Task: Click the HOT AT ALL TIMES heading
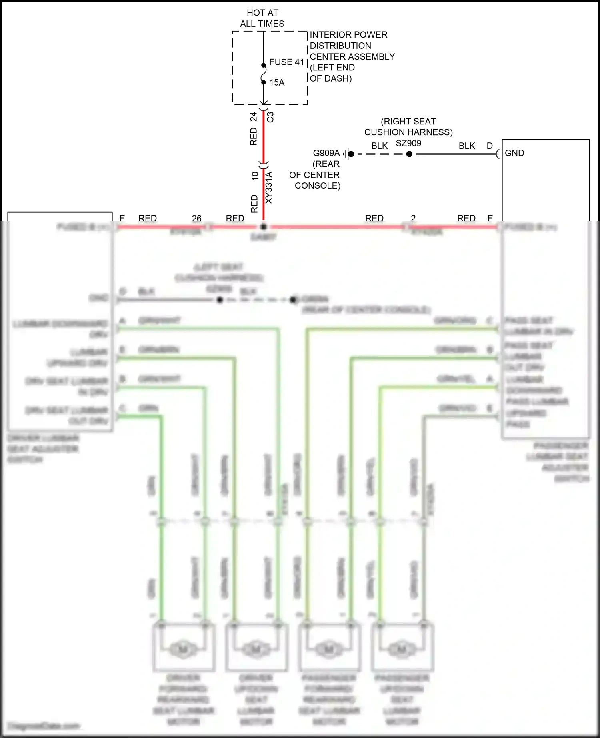click(262, 18)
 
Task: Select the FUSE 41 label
click(286, 62)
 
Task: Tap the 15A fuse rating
click(277, 82)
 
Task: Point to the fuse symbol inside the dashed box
click(264, 74)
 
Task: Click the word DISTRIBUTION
click(340, 46)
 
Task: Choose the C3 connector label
click(271, 117)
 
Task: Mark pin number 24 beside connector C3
click(254, 117)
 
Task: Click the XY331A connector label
click(269, 187)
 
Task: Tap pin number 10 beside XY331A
click(255, 176)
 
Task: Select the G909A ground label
click(326, 153)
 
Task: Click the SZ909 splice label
click(408, 143)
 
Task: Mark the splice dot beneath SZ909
click(409, 154)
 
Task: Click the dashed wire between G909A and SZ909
click(380, 154)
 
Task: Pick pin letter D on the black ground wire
click(490, 146)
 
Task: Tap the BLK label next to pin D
click(467, 146)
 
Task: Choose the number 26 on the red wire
click(197, 218)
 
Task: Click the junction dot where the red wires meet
click(263, 227)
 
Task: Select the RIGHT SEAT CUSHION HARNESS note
click(408, 127)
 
